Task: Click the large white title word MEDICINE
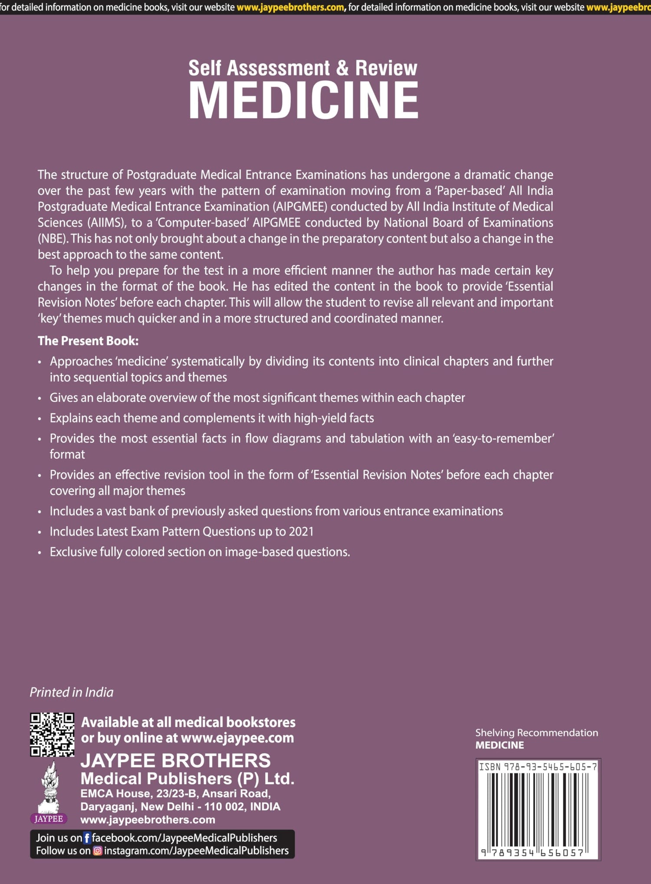click(304, 101)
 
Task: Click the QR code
click(52, 734)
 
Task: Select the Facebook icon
click(87, 838)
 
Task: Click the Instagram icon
click(98, 851)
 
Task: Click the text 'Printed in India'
click(72, 692)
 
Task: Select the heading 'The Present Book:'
click(88, 341)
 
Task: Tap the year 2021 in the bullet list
click(301, 531)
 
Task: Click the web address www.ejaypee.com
click(237, 738)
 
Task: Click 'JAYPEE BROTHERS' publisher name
click(175, 761)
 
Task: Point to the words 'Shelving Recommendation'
click(536, 733)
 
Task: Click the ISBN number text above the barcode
click(538, 767)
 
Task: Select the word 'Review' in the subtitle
click(386, 68)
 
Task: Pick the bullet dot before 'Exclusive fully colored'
click(40, 553)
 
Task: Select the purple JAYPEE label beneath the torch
click(49, 819)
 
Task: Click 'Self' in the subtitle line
click(205, 68)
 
